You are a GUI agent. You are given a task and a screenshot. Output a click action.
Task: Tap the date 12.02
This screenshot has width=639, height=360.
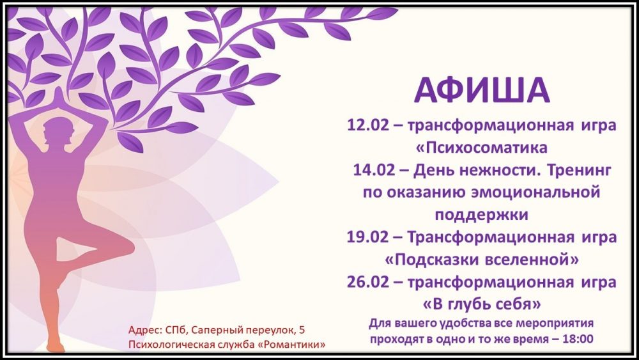pyautogui.click(x=368, y=125)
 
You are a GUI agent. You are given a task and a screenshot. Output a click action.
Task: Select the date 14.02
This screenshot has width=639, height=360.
pyautogui.click(x=374, y=170)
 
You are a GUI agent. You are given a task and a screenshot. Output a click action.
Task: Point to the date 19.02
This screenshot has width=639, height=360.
pyautogui.click(x=367, y=237)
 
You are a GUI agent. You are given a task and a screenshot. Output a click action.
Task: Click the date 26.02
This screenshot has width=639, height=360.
pyautogui.click(x=368, y=282)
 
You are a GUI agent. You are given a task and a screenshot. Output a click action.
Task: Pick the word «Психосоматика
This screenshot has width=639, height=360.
pyautogui.click(x=481, y=148)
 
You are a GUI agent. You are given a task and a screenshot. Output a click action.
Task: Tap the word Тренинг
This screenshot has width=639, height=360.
pyautogui.click(x=579, y=170)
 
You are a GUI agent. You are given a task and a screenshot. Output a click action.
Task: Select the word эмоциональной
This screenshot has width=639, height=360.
pyautogui.click(x=535, y=192)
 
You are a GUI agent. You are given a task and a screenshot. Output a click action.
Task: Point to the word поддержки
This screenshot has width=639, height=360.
pyautogui.click(x=481, y=215)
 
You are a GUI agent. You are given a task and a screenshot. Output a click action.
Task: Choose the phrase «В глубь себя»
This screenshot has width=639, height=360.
pyautogui.click(x=482, y=304)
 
